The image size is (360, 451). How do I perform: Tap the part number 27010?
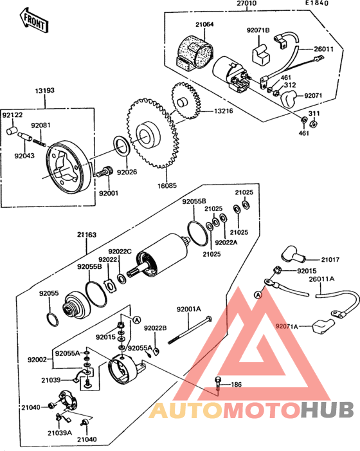point(247,3)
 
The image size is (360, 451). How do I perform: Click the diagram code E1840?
point(317,3)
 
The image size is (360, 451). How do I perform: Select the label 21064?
point(204,24)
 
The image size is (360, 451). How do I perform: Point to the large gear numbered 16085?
point(152,133)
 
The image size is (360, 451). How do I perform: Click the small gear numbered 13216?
point(186,100)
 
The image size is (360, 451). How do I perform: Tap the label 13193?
point(45,91)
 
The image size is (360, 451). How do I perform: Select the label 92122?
point(12,115)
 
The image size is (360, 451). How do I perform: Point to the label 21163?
point(87,235)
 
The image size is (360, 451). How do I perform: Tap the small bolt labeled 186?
point(218,383)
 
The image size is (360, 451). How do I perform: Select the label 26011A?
point(322,279)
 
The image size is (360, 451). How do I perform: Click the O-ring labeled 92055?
point(53,320)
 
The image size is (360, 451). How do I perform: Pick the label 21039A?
point(60,432)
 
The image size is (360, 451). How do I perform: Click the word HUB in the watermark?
point(327,410)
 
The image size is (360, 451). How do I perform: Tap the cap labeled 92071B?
point(261,53)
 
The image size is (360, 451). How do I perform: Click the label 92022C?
point(120,252)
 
